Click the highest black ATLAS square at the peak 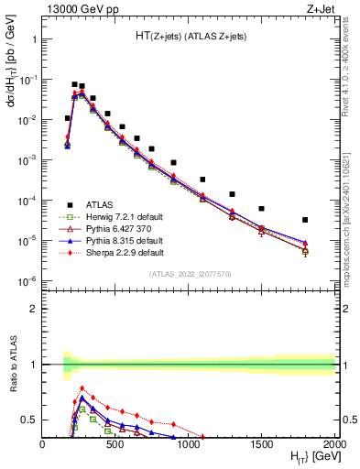coord(74,84)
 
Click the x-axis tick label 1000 coord(189,443)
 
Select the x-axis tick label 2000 coord(334,443)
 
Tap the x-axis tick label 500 coord(115,443)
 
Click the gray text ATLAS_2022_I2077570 coord(188,273)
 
